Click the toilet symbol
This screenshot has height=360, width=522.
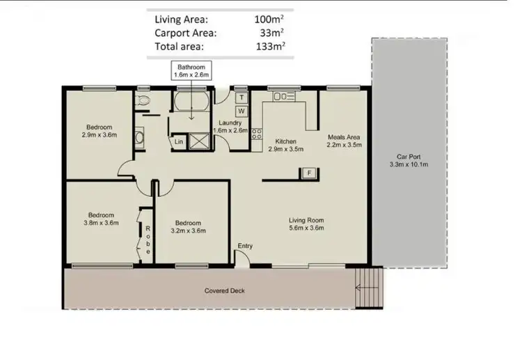[x=144, y=101]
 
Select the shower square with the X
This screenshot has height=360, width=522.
[x=202, y=141]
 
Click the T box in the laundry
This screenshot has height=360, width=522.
[x=242, y=98]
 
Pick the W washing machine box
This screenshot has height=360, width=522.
[x=242, y=111]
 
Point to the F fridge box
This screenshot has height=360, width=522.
[x=307, y=173]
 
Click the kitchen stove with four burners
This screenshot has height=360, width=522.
[x=256, y=133]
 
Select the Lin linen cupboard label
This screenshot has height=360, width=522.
[x=179, y=141]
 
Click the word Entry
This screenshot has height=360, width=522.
[x=245, y=246]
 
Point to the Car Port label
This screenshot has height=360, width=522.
[x=409, y=156]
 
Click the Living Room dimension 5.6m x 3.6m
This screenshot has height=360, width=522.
[x=306, y=228]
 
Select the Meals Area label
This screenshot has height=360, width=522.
[x=344, y=137]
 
